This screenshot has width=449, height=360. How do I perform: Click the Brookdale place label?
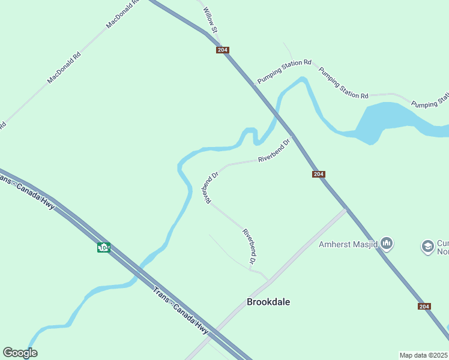pos(268,302)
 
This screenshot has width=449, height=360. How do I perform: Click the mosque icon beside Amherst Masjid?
pos(387,244)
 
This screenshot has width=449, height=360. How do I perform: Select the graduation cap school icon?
pos(427,245)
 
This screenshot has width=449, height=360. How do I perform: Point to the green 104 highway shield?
pos(104,247)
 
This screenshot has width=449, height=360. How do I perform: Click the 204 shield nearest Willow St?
pos(223,50)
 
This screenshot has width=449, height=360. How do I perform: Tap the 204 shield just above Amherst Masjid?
pos(319,174)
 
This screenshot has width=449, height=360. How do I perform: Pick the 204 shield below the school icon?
pos(424,306)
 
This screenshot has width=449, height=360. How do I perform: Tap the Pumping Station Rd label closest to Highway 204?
pos(285,71)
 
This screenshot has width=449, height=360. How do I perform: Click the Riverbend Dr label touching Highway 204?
pos(274,151)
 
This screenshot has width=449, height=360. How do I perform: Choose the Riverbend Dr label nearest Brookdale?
pos(250,246)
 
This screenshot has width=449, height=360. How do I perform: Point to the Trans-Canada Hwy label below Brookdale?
pos(180,311)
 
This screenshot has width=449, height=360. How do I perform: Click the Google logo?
pos(20,353)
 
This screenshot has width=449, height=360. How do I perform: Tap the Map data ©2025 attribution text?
pos(424,355)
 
